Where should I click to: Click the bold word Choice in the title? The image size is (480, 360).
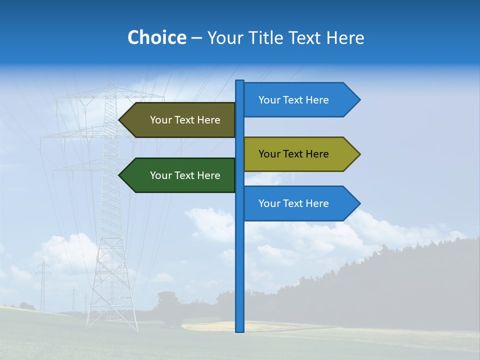click(157, 37)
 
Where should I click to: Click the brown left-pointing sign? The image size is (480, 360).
click(180, 120)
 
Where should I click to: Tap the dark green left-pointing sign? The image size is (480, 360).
click(180, 175)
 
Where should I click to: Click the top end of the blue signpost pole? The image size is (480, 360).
click(240, 82)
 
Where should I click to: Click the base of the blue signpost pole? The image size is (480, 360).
click(240, 330)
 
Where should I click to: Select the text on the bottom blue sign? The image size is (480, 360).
click(293, 203)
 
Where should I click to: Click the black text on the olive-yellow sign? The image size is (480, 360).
click(293, 154)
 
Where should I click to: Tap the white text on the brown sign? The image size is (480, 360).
click(185, 120)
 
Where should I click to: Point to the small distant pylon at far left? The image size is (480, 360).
click(43, 285)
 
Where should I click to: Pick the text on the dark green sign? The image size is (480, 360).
click(185, 175)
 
